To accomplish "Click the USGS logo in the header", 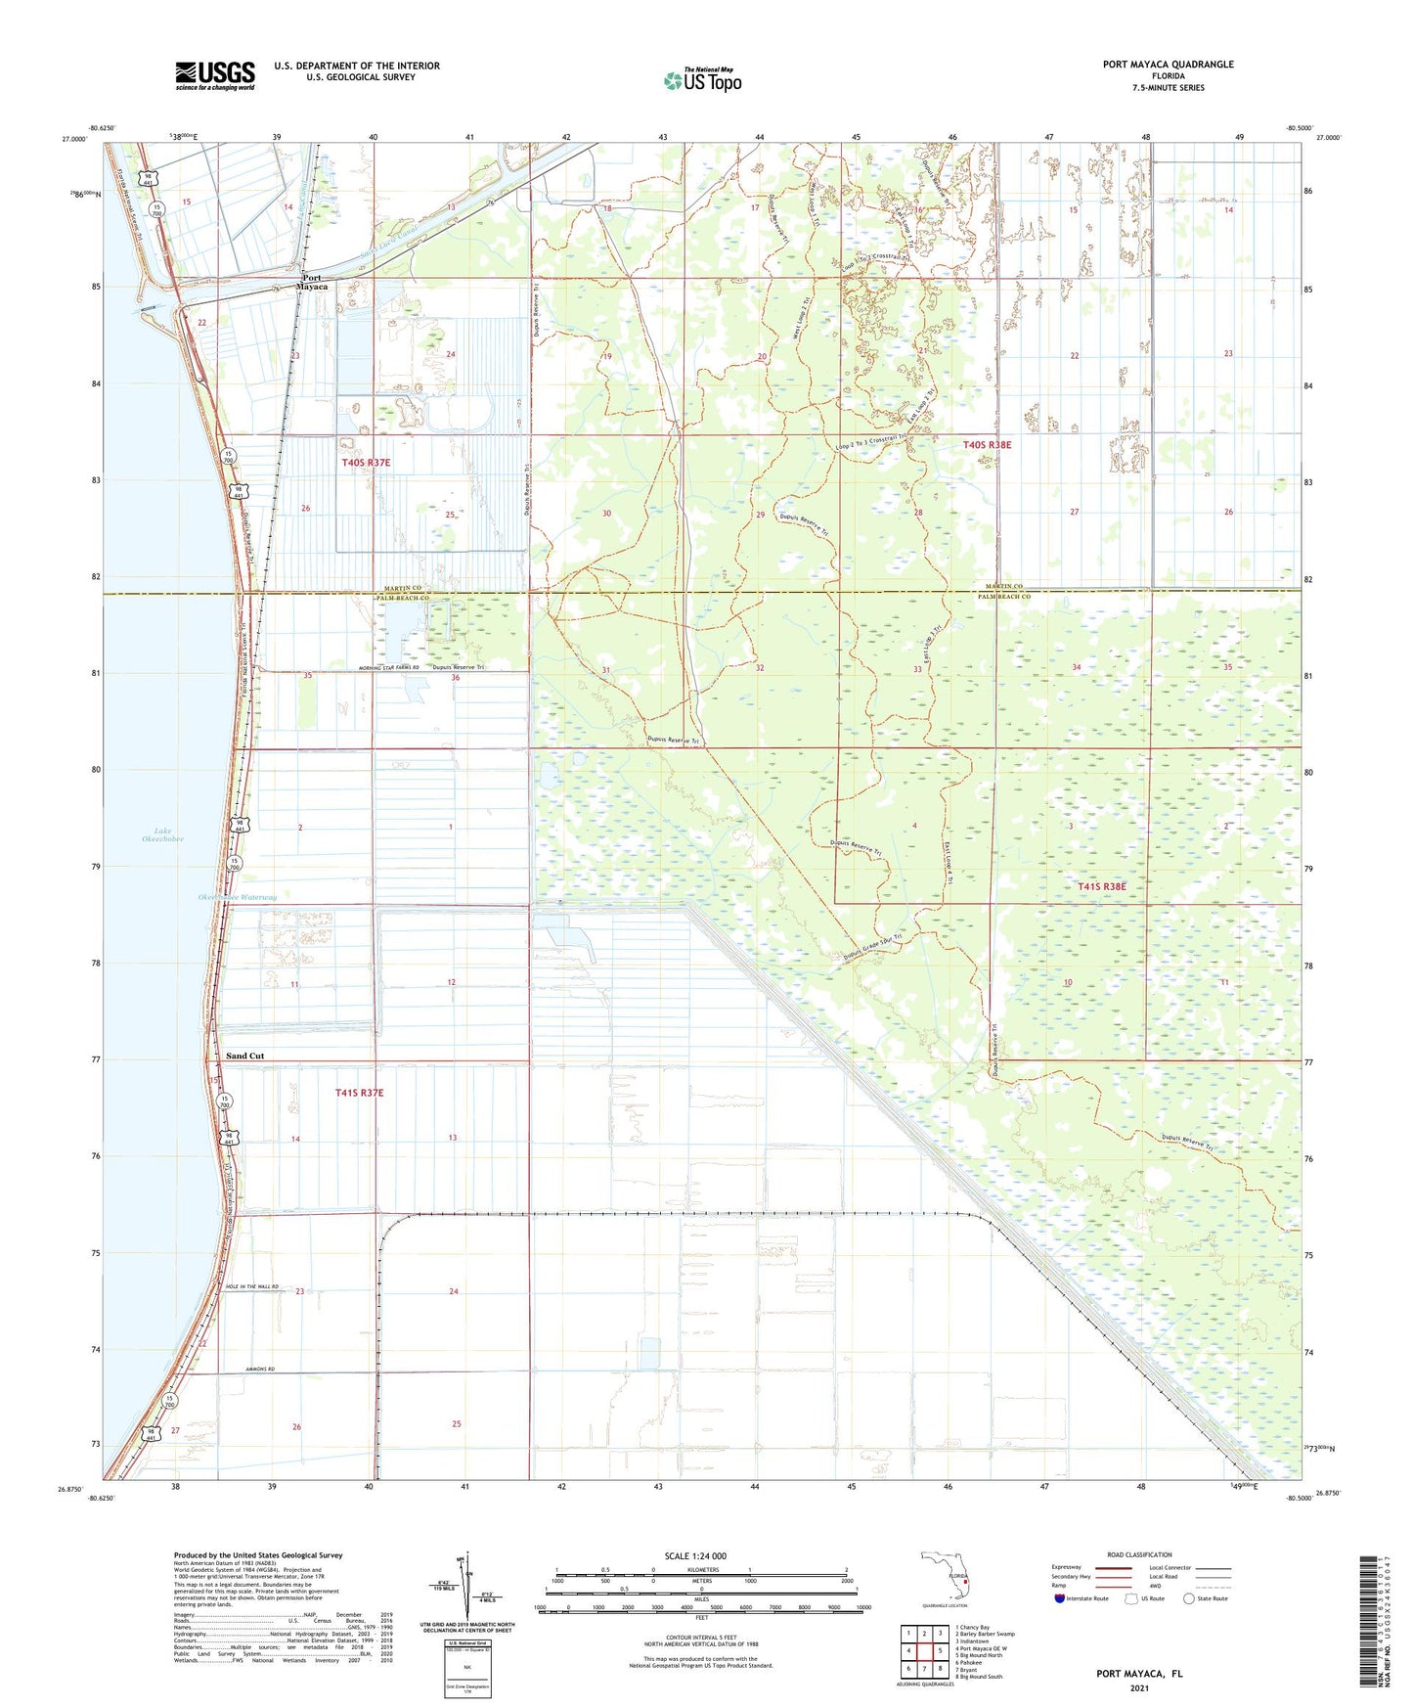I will click(x=215, y=75).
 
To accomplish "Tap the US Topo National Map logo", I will click(x=702, y=80).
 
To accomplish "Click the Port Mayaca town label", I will click(x=314, y=282).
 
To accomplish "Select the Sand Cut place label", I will click(x=244, y=1056).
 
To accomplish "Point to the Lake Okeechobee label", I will click(x=162, y=834).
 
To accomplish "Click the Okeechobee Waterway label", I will click(x=238, y=897).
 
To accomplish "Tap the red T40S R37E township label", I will click(x=366, y=463).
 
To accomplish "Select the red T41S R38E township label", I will click(x=1101, y=886).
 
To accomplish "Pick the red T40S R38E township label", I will click(x=987, y=445).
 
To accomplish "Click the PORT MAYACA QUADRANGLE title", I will click(x=1168, y=65).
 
